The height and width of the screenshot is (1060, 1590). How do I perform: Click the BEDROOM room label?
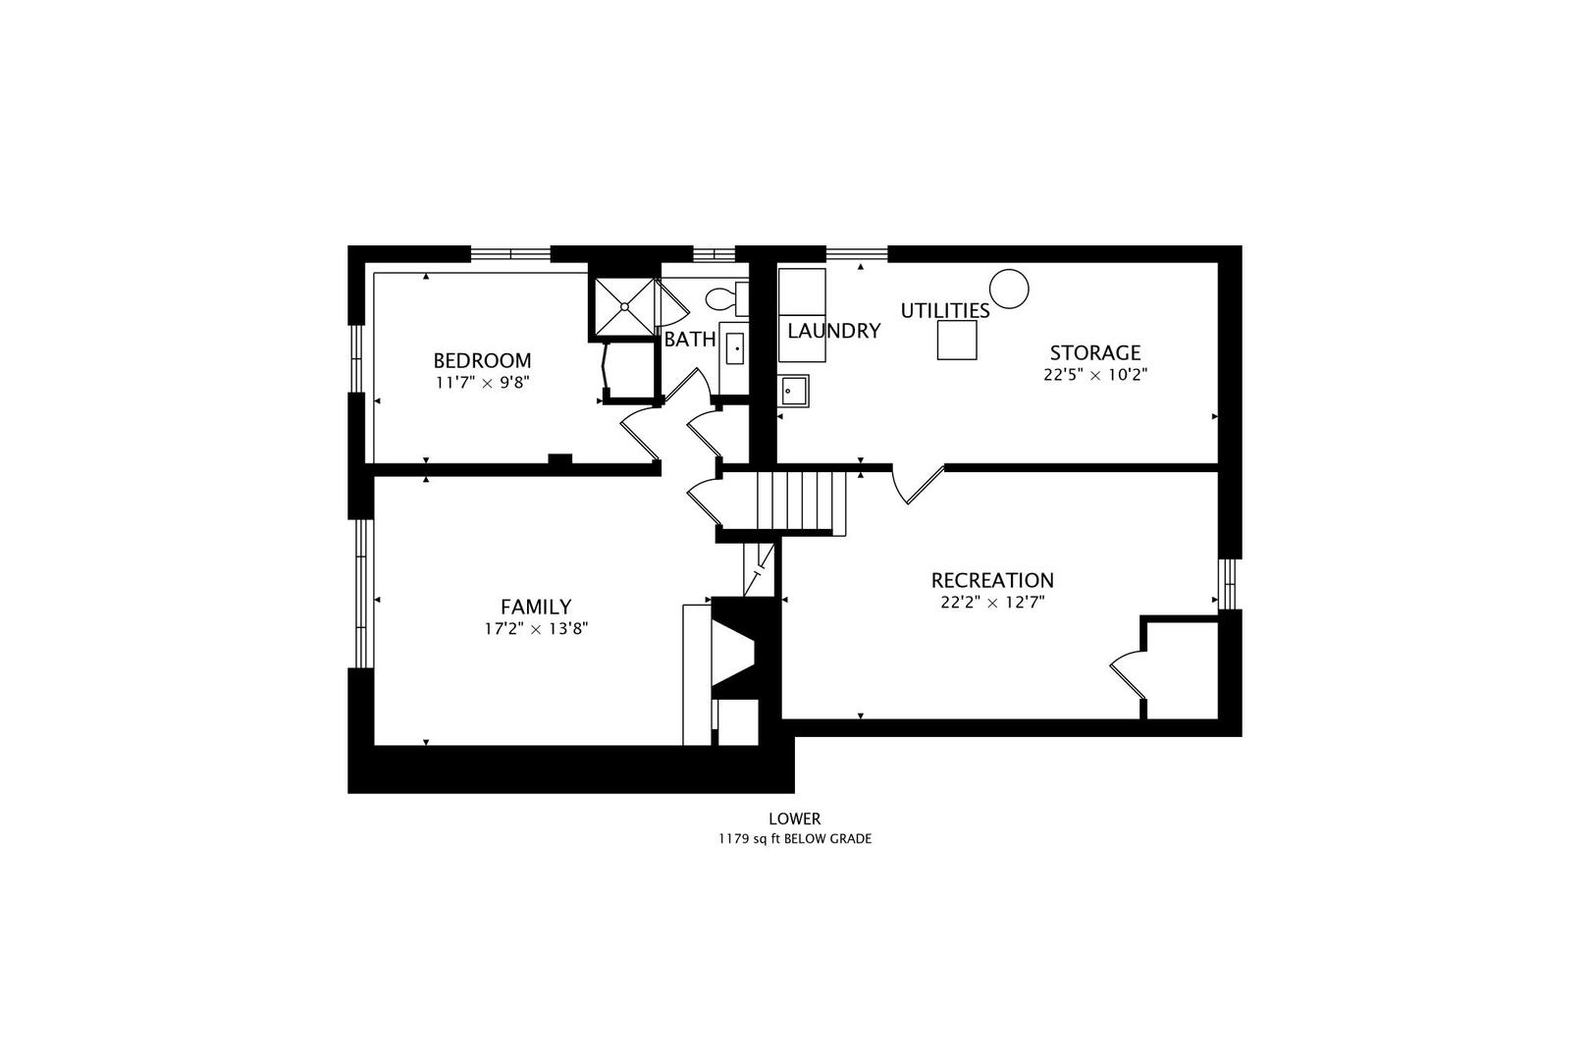(x=482, y=360)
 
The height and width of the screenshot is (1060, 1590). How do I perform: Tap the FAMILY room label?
(x=536, y=607)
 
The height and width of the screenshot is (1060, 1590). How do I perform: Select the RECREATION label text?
(x=992, y=581)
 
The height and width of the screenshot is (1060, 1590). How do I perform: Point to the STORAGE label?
(x=1095, y=353)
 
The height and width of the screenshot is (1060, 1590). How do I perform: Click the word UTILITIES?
(x=945, y=311)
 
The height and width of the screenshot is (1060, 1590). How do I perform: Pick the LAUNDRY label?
(x=834, y=331)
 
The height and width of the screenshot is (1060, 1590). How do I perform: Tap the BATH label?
(x=690, y=340)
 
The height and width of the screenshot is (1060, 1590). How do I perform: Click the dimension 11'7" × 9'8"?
(x=483, y=383)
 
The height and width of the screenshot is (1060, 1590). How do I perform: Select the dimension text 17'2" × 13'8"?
(x=536, y=629)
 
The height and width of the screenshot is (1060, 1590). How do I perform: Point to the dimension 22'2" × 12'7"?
(x=992, y=603)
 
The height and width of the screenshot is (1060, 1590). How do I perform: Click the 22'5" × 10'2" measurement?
(x=1095, y=375)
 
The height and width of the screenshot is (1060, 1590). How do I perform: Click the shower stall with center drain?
(x=624, y=306)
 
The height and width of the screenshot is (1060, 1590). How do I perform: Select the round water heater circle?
(x=1009, y=289)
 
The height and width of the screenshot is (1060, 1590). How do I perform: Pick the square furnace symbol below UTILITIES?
(x=957, y=340)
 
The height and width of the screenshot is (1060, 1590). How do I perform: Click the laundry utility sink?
(x=794, y=391)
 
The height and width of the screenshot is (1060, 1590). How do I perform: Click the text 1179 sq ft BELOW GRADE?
(x=795, y=839)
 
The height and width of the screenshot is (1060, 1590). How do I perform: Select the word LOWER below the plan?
(x=795, y=819)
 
